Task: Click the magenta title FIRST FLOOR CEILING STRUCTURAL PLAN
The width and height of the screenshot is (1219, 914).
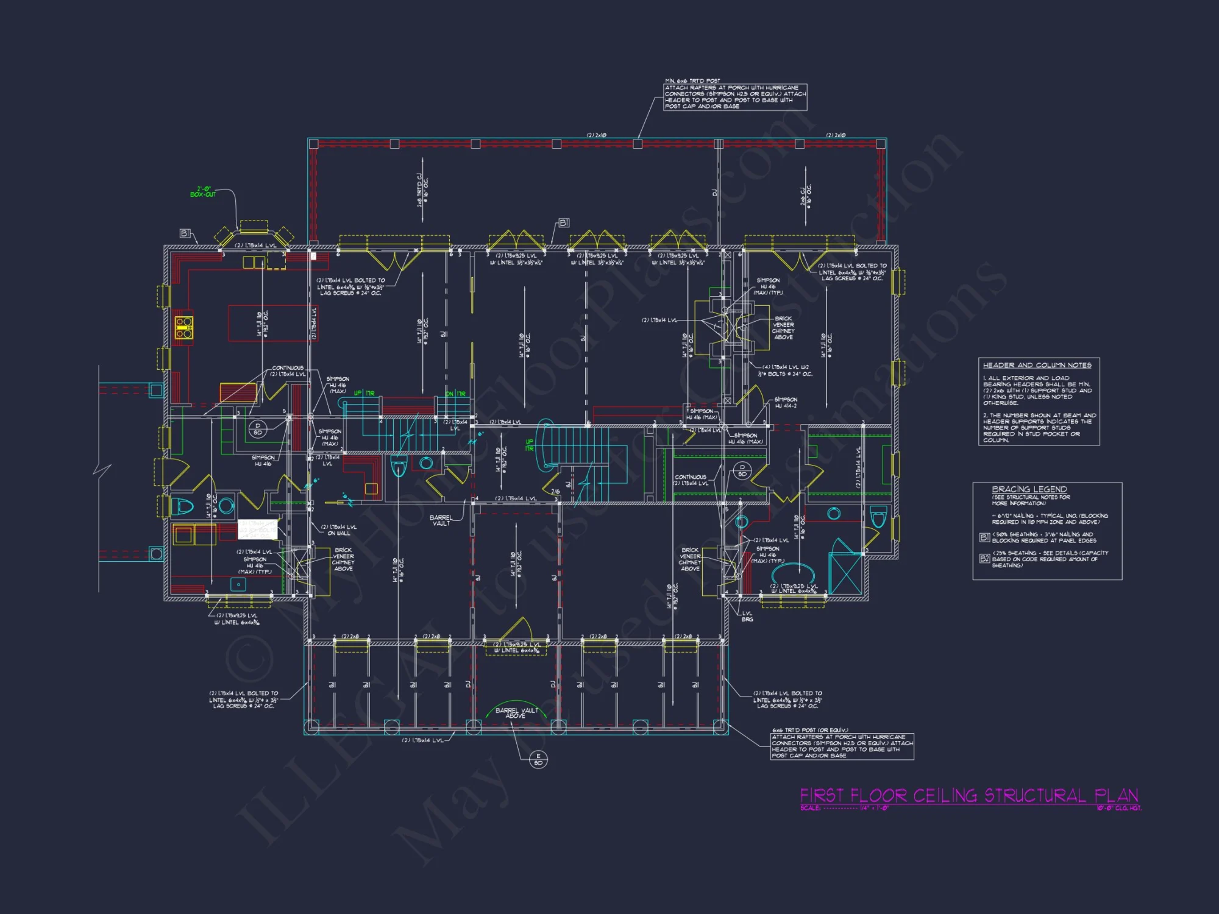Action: pos(969,796)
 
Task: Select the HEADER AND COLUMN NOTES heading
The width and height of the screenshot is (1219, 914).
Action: pos(1037,365)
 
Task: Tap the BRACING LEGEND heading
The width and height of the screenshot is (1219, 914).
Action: pos(1029,489)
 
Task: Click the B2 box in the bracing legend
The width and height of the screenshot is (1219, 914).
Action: pos(984,558)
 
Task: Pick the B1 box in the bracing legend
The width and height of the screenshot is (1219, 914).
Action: pos(984,537)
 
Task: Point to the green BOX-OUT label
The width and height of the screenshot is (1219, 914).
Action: pos(203,192)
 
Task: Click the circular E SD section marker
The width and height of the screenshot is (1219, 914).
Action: pos(538,759)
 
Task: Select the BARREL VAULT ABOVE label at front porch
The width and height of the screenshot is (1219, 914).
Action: pos(516,713)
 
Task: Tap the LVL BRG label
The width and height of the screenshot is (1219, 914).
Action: pos(747,617)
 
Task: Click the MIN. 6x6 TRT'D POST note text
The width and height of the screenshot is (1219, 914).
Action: pos(692,80)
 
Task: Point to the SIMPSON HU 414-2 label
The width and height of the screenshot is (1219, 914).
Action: pos(786,403)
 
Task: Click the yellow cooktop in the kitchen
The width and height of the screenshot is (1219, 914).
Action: pos(184,327)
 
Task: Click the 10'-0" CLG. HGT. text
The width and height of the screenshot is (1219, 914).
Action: pos(1119,809)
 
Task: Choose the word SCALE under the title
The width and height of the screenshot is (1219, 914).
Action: pos(810,809)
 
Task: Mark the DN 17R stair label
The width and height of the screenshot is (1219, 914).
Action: pos(455,394)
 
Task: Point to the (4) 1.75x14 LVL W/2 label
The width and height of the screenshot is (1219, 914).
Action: pos(786,367)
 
